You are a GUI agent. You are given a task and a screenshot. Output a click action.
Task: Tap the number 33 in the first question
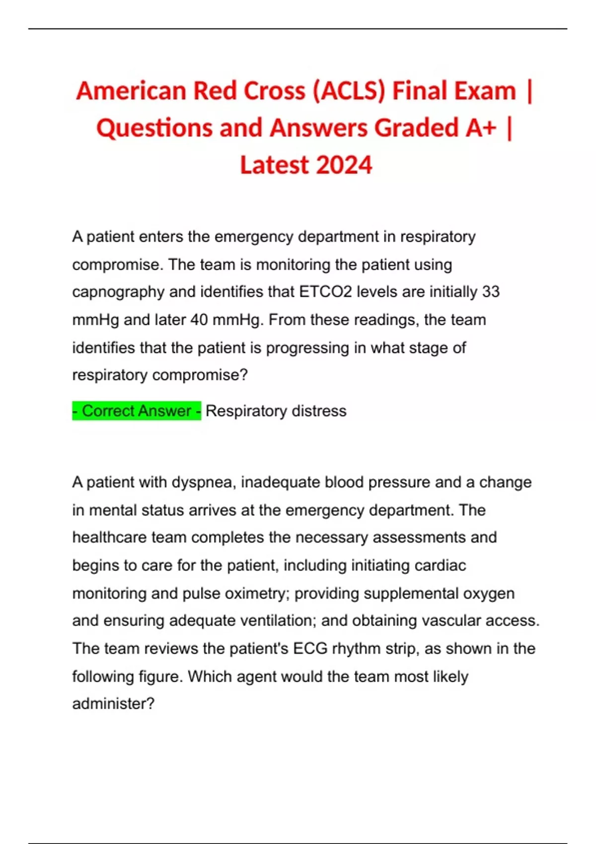tap(490, 291)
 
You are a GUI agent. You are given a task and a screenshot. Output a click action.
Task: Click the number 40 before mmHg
tap(199, 320)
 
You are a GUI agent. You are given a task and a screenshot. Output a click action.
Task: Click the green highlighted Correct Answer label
tap(137, 411)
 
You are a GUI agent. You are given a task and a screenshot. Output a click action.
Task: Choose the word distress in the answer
tap(319, 411)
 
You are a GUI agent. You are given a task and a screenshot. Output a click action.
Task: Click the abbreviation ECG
tap(310, 648)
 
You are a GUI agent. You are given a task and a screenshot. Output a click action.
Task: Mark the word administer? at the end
tap(113, 703)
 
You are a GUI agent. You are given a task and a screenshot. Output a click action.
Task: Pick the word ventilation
tap(278, 621)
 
